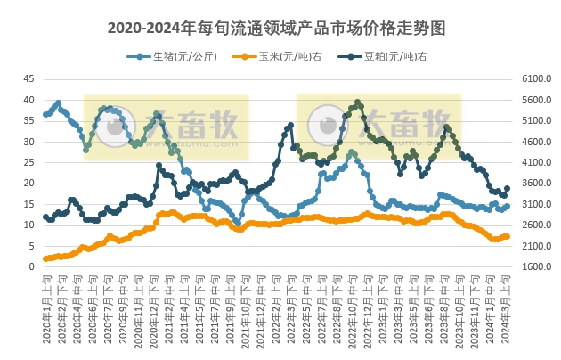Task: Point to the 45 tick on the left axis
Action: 28,79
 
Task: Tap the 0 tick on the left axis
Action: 31,266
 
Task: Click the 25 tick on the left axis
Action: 28,162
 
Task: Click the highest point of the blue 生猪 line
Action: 58,102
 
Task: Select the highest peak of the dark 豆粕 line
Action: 357,102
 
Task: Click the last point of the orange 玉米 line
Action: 508,236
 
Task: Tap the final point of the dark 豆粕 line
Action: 508,189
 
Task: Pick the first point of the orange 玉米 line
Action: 45,258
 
